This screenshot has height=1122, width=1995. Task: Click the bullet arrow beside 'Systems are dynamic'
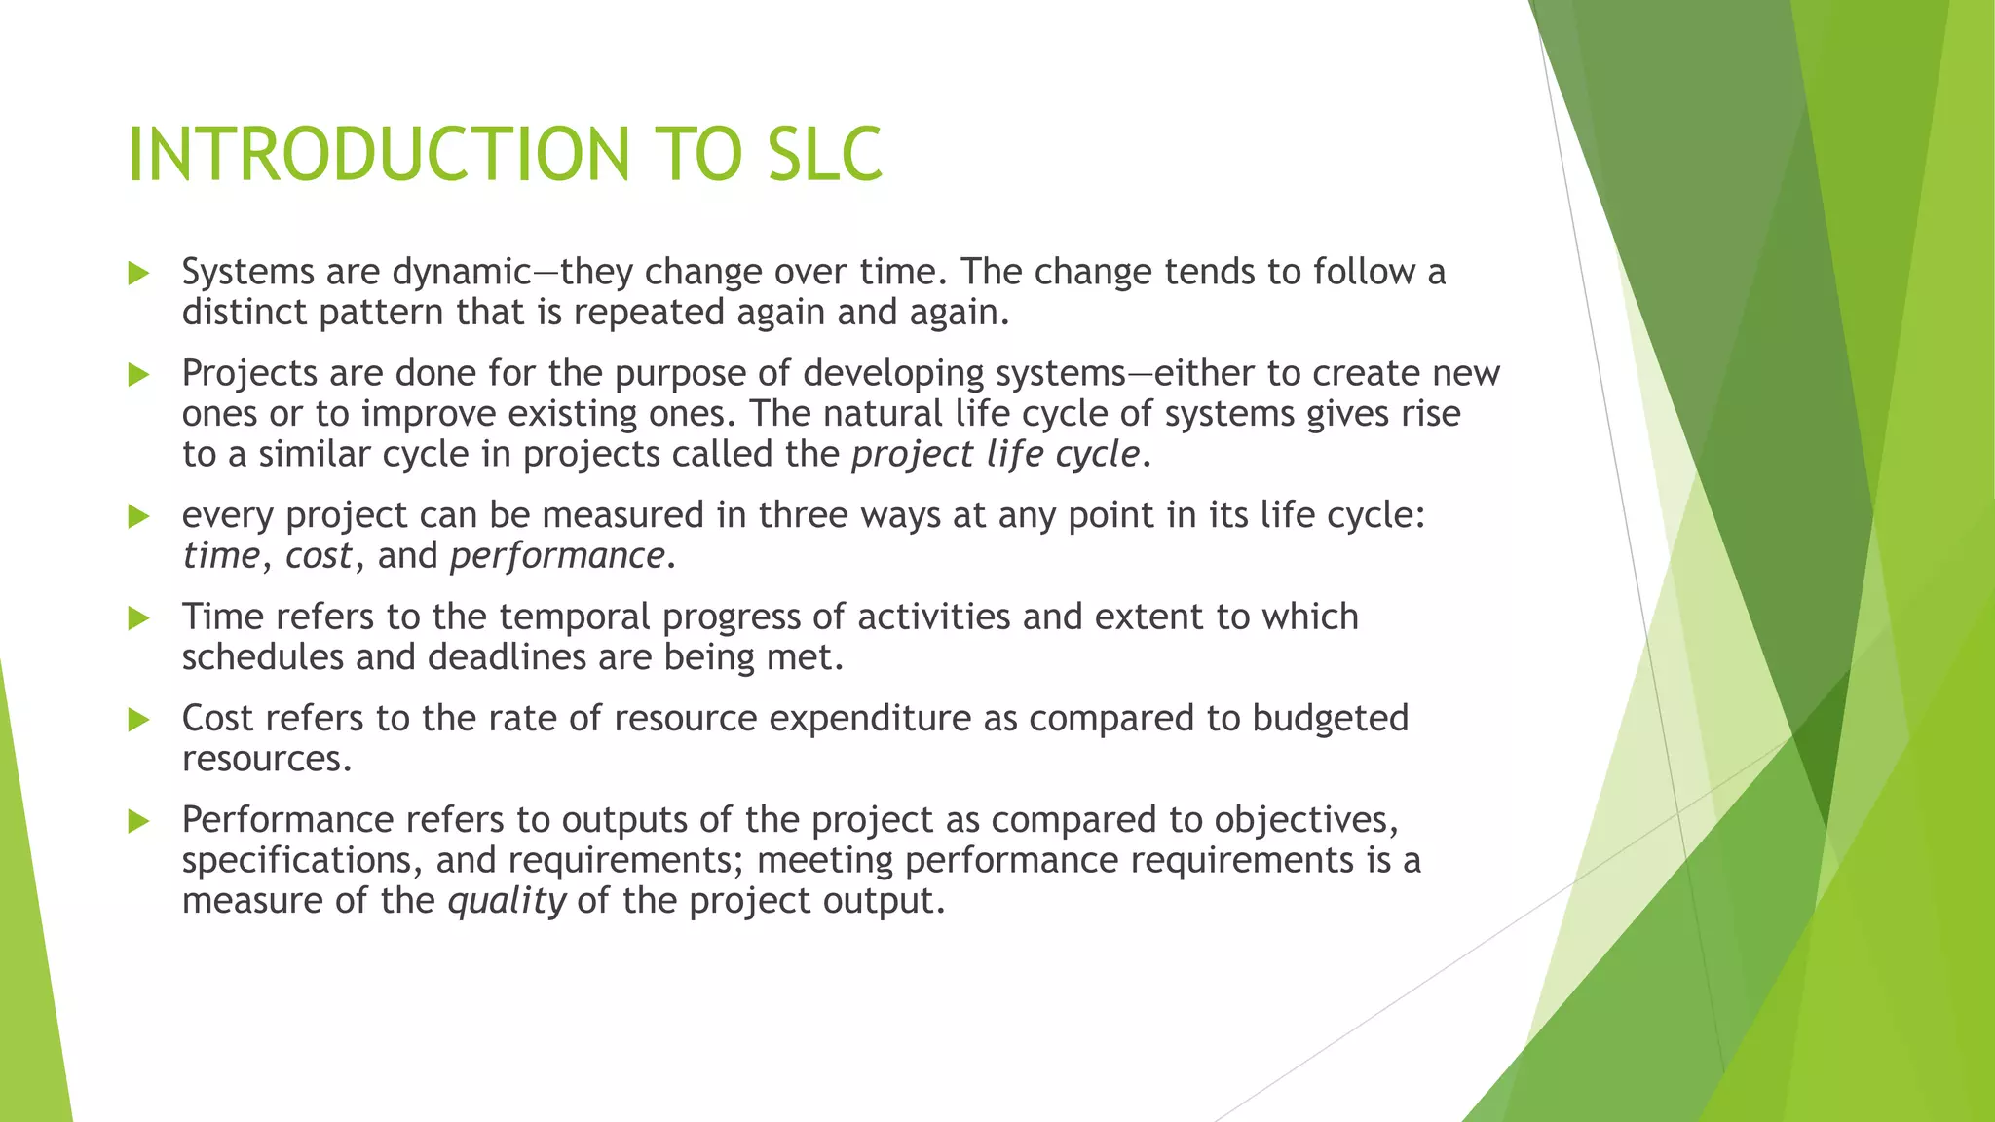tap(138, 273)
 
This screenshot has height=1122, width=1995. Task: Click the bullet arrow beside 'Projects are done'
tap(138, 374)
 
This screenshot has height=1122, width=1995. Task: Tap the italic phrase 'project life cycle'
tap(995, 455)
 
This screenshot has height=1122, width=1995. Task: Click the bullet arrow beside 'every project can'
tap(138, 516)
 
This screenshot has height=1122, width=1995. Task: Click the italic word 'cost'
tap(318, 556)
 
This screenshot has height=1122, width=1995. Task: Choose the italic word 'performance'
tap(557, 557)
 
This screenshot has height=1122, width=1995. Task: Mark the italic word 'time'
tap(221, 556)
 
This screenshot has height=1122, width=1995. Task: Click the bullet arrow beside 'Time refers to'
tap(138, 617)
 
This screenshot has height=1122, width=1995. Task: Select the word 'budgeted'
tap(1330, 719)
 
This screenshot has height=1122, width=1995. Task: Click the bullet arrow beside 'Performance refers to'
tap(138, 821)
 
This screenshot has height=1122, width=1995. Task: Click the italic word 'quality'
tap(507, 902)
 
